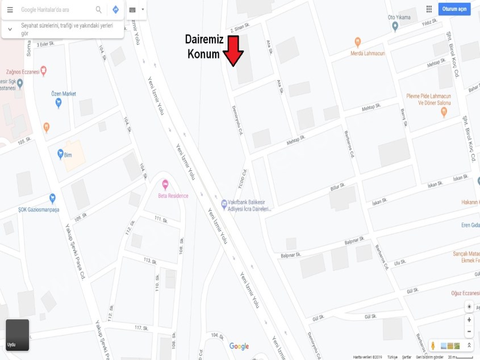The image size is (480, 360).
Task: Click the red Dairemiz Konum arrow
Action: pos(233,52)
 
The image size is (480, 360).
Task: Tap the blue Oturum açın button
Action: pos(454,9)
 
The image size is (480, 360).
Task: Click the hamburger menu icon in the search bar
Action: pos(10,10)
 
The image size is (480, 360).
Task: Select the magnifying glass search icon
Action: pos(99,10)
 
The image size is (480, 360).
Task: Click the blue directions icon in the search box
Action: pos(115,10)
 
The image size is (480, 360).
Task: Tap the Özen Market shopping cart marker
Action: pos(58,103)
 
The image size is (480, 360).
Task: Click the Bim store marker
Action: pos(60,153)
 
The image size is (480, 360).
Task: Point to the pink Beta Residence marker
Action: pos(165,185)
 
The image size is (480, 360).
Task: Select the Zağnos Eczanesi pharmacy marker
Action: pos(43,71)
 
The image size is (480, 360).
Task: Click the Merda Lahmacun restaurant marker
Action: pos(357,41)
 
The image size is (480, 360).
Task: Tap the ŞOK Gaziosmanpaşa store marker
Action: pos(53,198)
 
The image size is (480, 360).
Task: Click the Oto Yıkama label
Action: pos(399,18)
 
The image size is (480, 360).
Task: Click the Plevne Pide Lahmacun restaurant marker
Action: pos(444,112)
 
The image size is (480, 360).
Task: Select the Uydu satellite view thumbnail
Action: pos(17,335)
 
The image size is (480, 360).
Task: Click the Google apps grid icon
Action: pos(429,9)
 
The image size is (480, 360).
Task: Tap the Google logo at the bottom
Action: pos(239,346)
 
